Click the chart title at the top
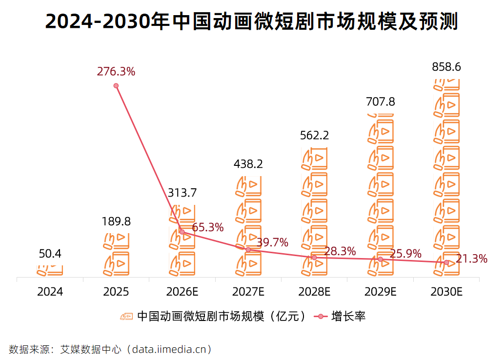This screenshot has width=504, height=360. [252, 21]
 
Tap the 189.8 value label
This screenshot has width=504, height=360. [116, 221]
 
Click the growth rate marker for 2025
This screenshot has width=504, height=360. [116, 86]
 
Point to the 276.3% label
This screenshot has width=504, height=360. [116, 72]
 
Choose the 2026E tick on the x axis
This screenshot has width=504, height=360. [182, 292]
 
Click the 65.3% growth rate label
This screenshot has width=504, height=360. [208, 227]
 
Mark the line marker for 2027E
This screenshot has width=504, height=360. [248, 250]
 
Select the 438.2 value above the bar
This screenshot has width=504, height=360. [248, 164]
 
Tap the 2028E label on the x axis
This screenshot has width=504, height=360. [314, 292]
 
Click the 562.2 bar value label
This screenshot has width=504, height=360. [314, 136]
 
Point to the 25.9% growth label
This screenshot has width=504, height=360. [406, 254]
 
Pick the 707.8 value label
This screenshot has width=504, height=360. [381, 102]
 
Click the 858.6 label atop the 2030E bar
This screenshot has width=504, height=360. [446, 67]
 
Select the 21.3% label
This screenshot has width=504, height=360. [472, 259]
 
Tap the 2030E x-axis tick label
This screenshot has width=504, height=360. [446, 292]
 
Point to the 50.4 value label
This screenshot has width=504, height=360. [50, 254]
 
